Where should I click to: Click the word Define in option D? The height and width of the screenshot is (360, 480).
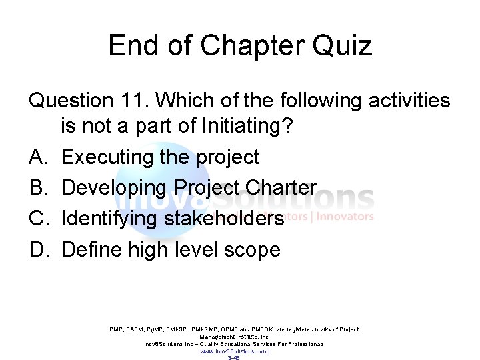[x=92, y=250]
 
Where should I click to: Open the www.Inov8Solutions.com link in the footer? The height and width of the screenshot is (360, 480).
[x=233, y=351]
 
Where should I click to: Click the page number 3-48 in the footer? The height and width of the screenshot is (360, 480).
[x=233, y=358]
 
